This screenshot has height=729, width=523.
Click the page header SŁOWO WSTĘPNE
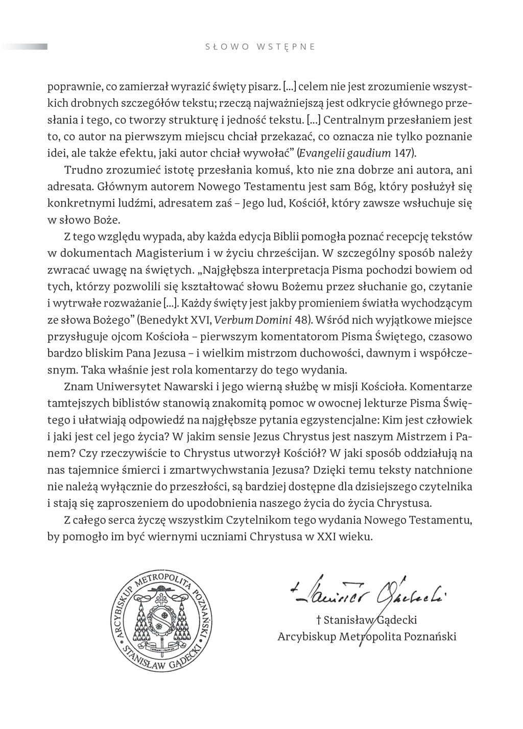tap(260, 47)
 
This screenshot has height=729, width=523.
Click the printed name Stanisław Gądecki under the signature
tap(367, 620)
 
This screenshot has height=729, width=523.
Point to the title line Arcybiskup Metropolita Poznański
tap(367, 637)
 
